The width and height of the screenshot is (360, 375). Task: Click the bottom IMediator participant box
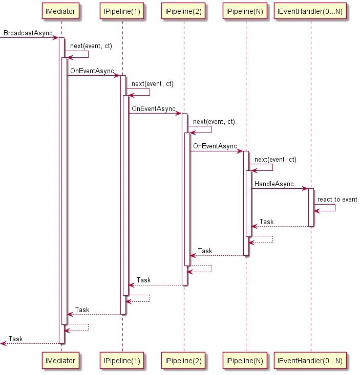pos(61,361)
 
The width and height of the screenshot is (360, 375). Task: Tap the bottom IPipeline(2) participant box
pos(184,361)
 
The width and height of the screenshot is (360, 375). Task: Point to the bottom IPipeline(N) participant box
pos(245,361)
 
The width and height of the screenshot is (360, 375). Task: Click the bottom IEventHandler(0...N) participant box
pos(310,361)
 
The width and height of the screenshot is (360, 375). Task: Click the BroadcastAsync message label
pos(28,33)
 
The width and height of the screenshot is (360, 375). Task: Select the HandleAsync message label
pos(276,184)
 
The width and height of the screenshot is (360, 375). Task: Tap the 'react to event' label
pos(337,199)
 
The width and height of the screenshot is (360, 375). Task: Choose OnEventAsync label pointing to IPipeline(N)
pos(215,146)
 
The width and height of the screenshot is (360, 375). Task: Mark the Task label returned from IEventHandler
pos(266,222)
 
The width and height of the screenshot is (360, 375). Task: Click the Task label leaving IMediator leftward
pos(15,339)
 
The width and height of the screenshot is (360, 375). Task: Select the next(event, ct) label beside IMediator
pos(91,46)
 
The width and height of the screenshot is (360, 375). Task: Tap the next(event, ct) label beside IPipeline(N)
pos(275,160)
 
